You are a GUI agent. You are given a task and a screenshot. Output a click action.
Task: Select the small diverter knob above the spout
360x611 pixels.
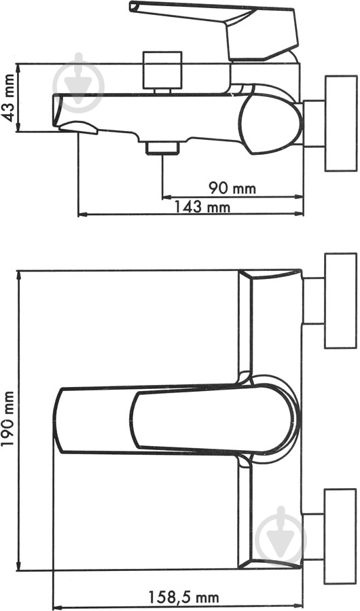(x=162, y=68)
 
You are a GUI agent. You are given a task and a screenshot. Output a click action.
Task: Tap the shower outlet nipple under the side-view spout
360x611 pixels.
(x=162, y=146)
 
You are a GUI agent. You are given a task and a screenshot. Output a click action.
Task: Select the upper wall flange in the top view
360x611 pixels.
(x=340, y=301)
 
